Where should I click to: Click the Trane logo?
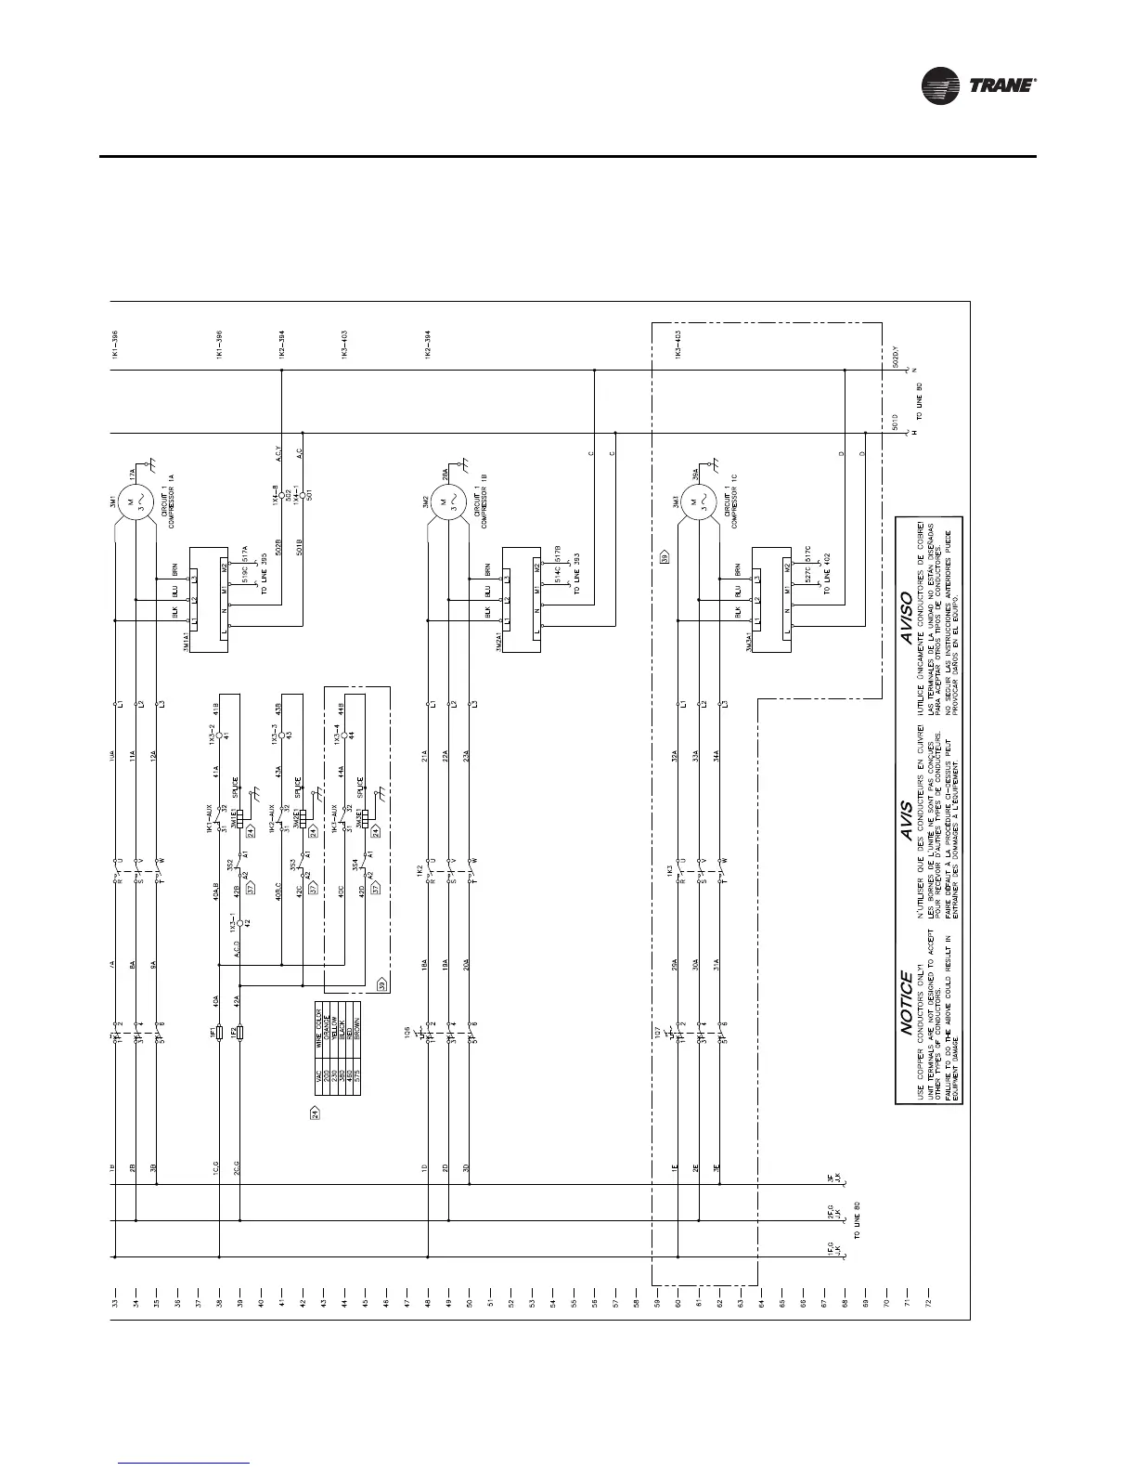[x=978, y=86]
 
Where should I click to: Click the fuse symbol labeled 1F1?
[x=219, y=1032]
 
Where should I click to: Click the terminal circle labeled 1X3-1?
[x=239, y=923]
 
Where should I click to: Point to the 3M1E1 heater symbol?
[x=239, y=819]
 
